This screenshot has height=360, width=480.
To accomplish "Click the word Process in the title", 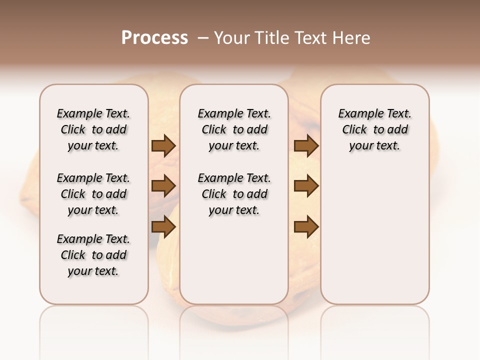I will (x=154, y=37).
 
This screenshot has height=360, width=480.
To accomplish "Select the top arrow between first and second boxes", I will (x=163, y=146).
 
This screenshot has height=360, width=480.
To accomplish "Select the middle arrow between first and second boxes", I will (x=163, y=186).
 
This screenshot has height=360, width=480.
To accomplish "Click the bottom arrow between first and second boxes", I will (x=163, y=227).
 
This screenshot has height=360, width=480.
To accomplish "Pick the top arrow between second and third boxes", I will (x=306, y=146).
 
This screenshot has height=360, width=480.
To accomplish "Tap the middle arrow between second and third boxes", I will (x=306, y=186).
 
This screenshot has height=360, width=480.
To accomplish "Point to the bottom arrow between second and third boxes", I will (x=306, y=227).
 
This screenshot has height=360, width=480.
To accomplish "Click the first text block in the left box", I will (x=93, y=129).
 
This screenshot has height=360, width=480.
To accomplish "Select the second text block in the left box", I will (x=93, y=194).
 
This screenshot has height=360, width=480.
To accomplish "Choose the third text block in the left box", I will (x=93, y=255).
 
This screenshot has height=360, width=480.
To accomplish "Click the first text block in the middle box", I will (x=234, y=129).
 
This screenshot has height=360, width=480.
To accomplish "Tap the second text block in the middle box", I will (x=234, y=194).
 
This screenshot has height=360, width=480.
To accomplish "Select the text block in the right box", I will (x=374, y=129).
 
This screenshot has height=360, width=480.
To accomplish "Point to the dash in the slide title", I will (x=203, y=38).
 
